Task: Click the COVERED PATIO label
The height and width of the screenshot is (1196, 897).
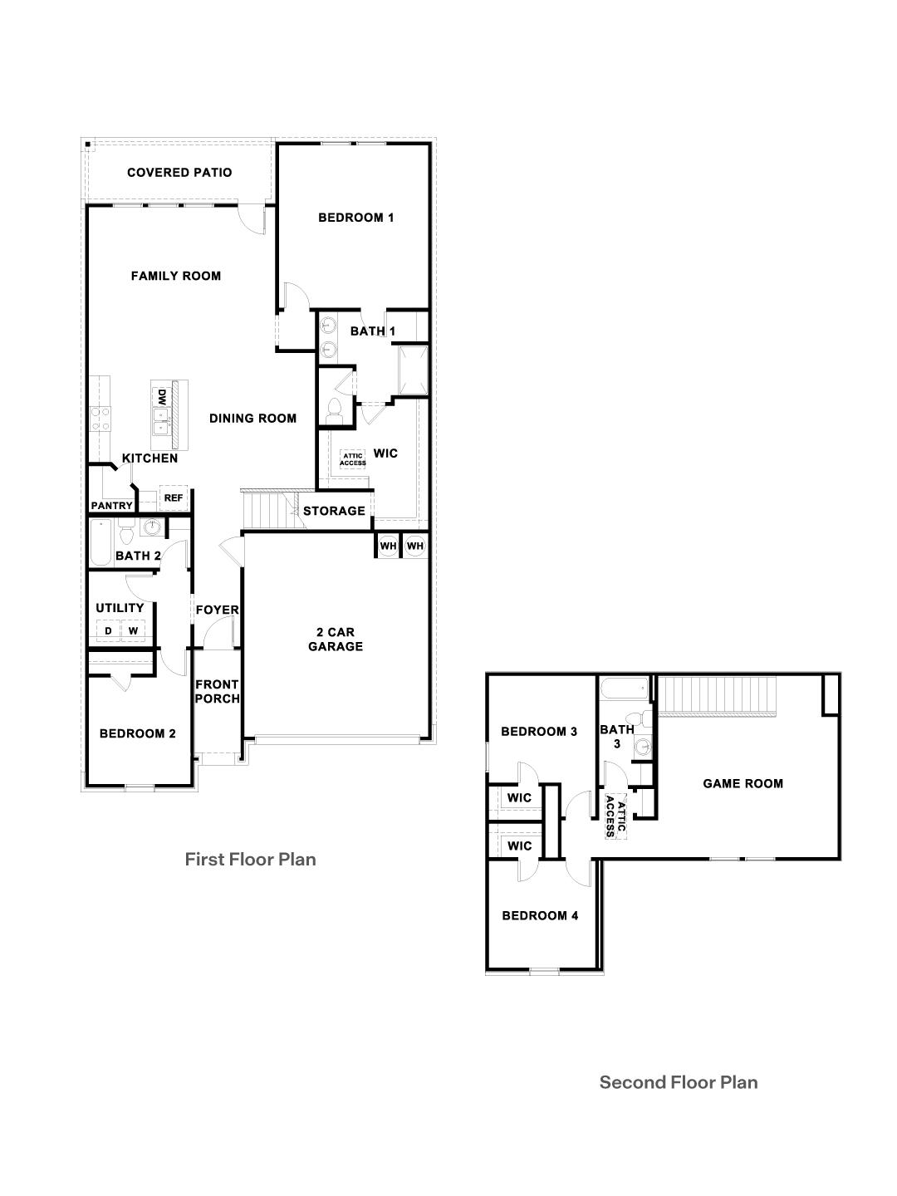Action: (x=179, y=173)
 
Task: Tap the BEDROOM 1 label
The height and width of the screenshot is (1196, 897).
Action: (x=355, y=218)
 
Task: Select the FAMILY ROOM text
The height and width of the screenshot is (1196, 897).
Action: (x=176, y=276)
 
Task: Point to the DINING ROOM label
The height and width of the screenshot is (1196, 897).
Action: (x=252, y=418)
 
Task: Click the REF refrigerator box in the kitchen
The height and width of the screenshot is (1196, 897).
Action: (x=173, y=498)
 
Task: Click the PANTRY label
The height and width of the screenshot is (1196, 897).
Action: (x=112, y=505)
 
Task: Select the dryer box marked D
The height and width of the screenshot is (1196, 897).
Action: (x=108, y=631)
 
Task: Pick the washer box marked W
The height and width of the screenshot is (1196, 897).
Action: (x=133, y=631)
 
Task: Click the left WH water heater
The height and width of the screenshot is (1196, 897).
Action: (x=388, y=546)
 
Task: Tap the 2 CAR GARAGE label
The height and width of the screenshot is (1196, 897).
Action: (x=336, y=639)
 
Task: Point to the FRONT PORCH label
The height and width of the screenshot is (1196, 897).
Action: (x=217, y=691)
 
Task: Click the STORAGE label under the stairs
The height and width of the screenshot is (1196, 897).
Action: (x=334, y=511)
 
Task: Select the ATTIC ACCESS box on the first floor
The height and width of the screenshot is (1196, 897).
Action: (x=353, y=458)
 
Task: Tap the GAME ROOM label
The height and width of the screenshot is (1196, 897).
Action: (x=743, y=782)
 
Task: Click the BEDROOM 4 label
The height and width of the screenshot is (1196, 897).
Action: (x=540, y=915)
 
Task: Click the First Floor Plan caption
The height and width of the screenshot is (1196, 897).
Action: (x=250, y=859)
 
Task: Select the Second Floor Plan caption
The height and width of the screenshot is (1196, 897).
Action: (x=679, y=1081)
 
